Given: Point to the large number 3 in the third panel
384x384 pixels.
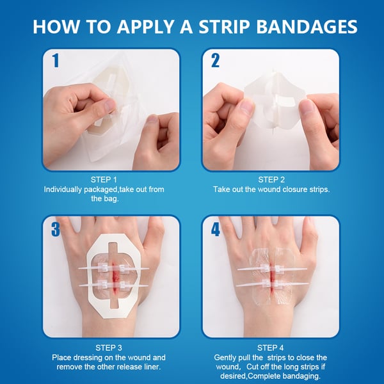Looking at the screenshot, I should [56, 229].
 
